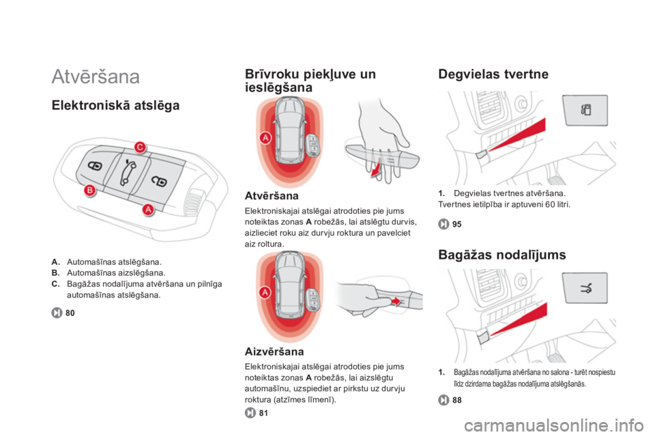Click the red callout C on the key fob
(141, 147)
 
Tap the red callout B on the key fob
(90, 191)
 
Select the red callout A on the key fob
(148, 210)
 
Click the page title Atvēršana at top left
(96, 76)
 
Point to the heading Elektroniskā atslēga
(116, 105)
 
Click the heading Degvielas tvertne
(493, 74)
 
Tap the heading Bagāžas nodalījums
(502, 255)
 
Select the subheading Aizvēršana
(274, 351)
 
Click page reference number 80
(70, 313)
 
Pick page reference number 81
(263, 413)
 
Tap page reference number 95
(457, 224)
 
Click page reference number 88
(457, 400)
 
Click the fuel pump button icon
(585, 110)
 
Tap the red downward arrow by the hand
(377, 168)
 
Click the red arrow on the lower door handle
(395, 300)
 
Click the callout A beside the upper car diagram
(265, 137)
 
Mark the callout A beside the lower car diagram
(265, 292)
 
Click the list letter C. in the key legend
(55, 284)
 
